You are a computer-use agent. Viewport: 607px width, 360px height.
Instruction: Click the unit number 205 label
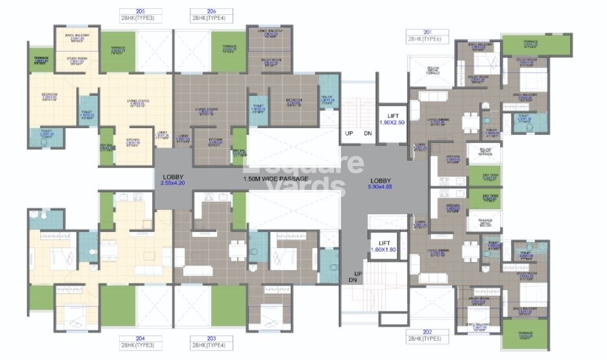(x=141, y=11)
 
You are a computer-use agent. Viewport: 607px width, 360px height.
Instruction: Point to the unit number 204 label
(x=141, y=338)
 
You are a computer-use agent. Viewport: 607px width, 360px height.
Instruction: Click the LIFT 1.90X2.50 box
(x=391, y=118)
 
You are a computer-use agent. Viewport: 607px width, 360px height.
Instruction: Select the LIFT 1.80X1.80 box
(x=383, y=246)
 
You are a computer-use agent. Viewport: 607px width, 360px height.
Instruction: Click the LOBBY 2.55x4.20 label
(x=174, y=180)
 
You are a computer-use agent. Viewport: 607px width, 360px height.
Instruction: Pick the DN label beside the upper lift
(x=367, y=133)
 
